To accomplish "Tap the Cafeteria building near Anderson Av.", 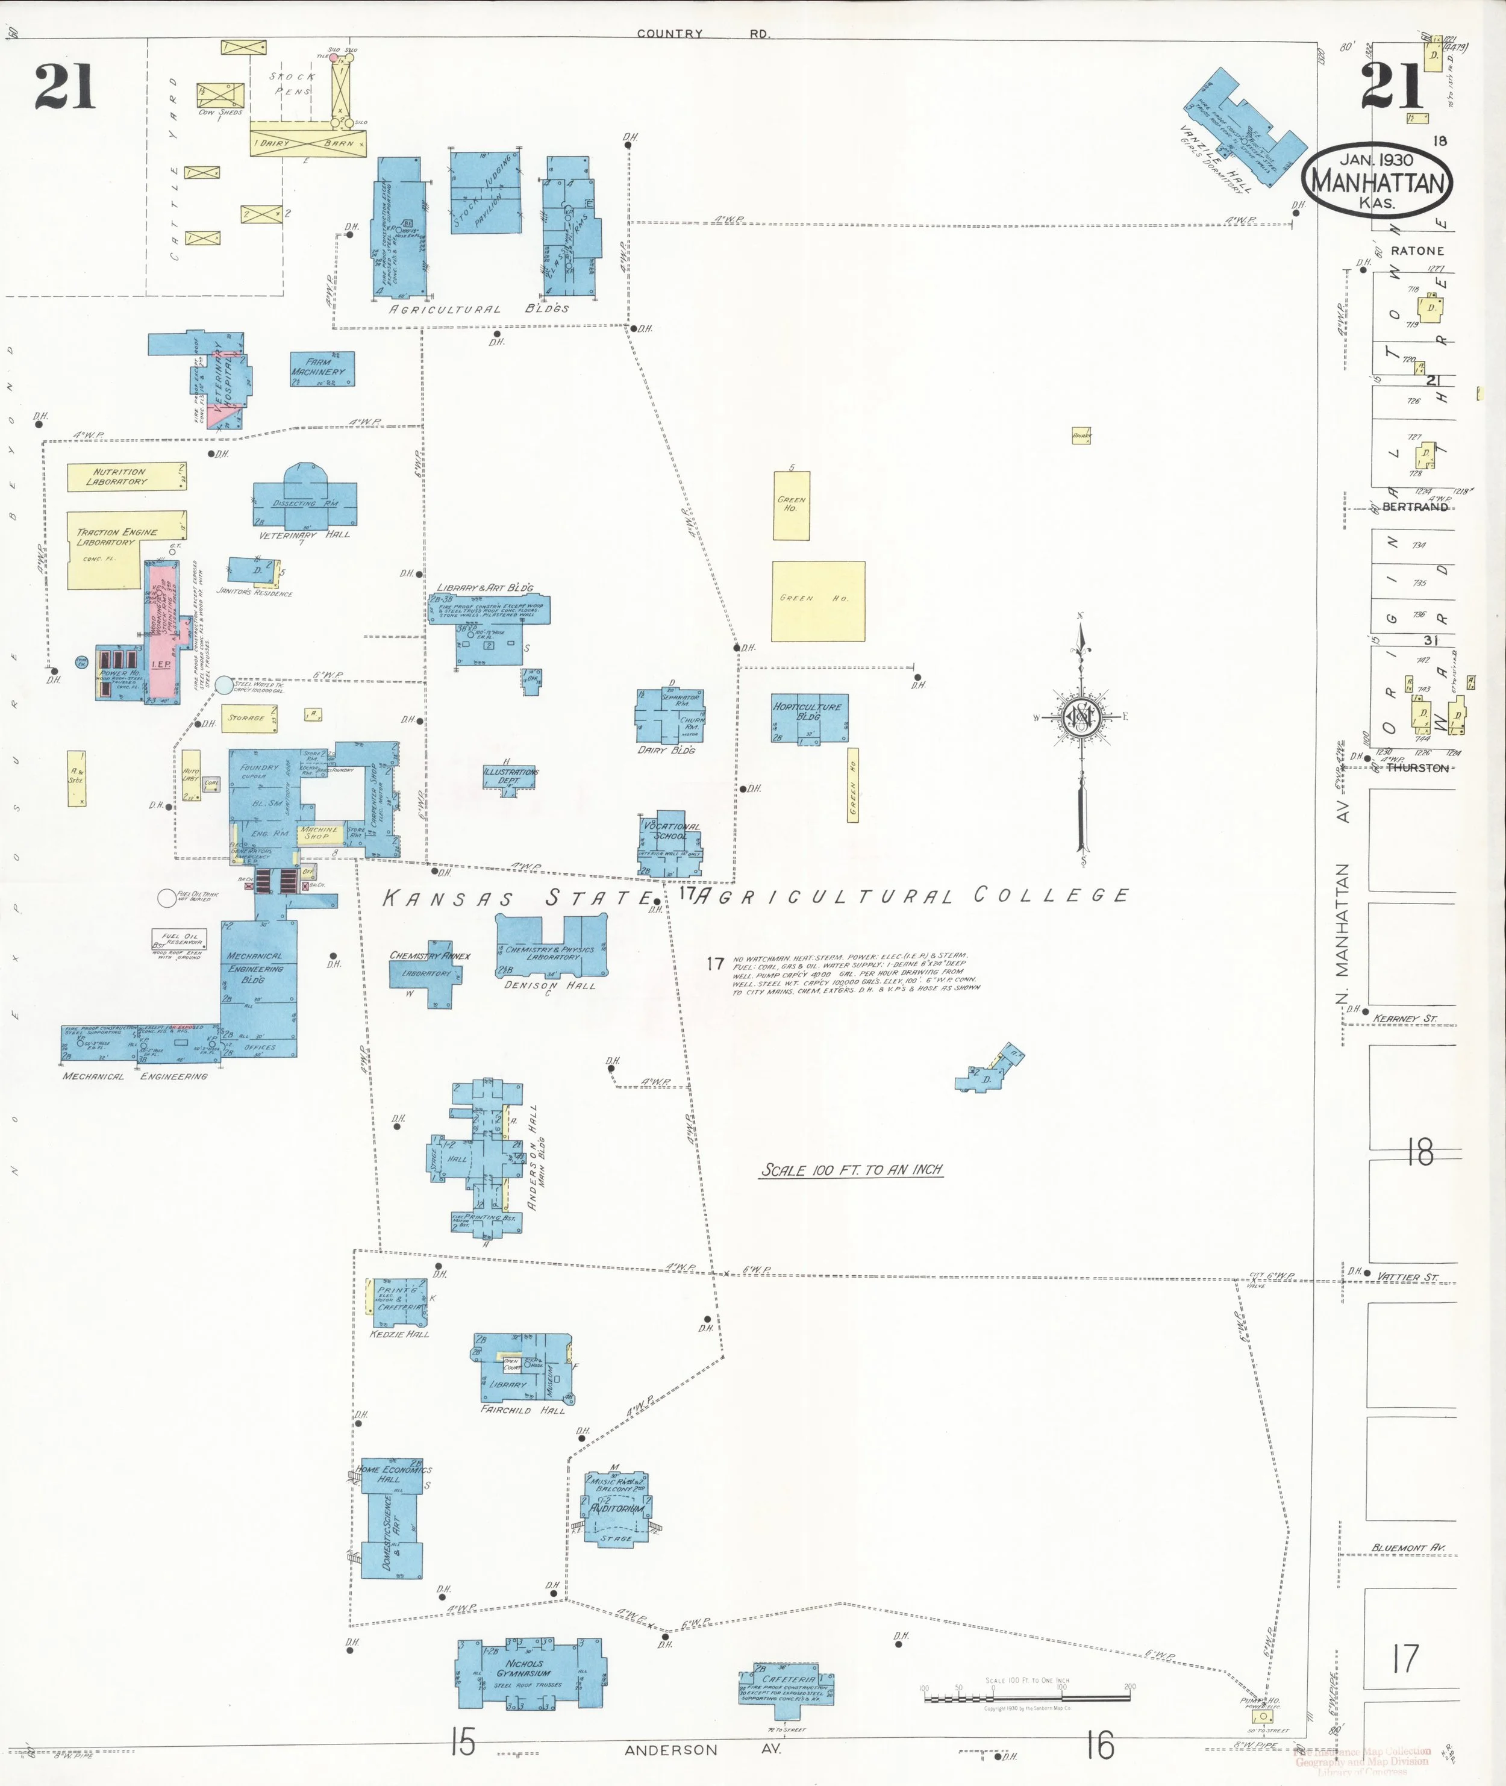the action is click(x=786, y=1683).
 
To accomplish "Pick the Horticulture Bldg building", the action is click(x=808, y=717).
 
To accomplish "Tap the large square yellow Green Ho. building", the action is click(x=818, y=601).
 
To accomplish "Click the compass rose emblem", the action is click(x=1081, y=717).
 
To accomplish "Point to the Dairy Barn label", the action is click(x=307, y=143).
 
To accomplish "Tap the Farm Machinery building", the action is click(x=322, y=369).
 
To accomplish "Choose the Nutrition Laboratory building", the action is click(x=127, y=476).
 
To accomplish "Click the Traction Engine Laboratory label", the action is click(x=117, y=537).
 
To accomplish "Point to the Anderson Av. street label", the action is click(x=702, y=1750).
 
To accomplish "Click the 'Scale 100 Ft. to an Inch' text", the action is click(x=851, y=1170).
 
